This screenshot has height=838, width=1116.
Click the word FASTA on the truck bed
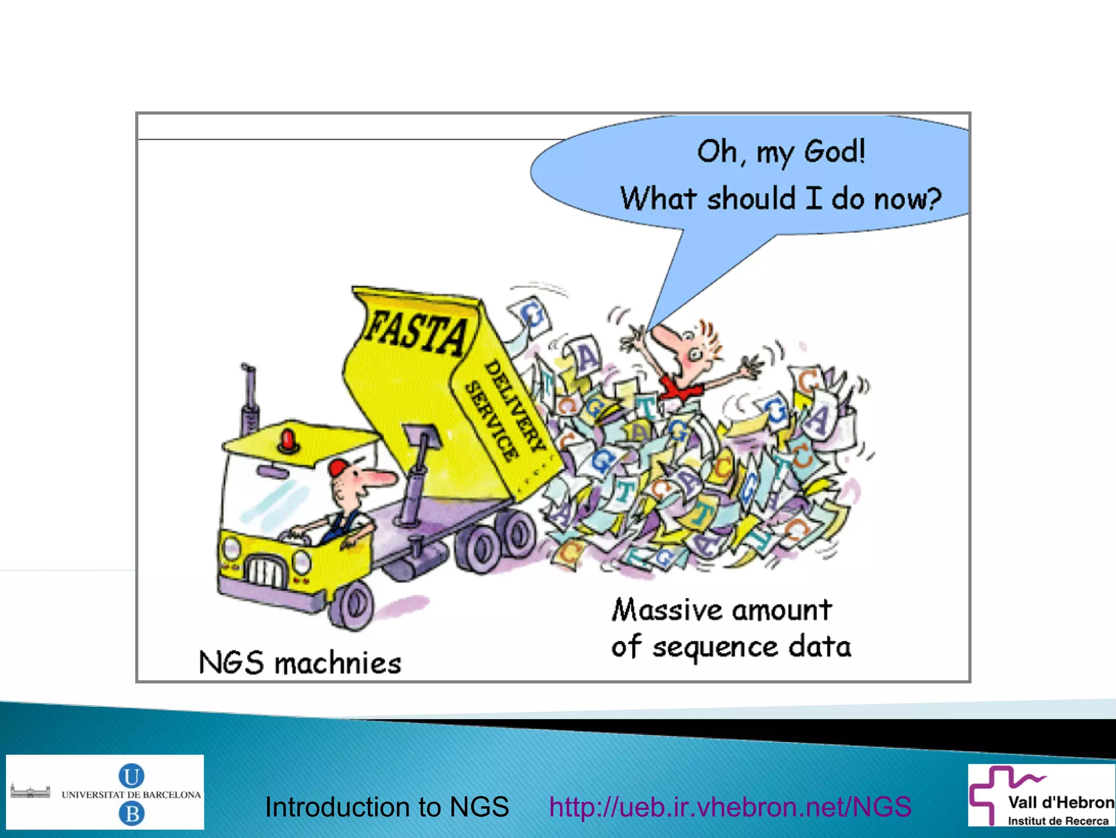(417, 331)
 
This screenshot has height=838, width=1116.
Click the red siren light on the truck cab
(288, 439)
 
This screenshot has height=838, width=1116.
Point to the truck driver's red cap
(338, 467)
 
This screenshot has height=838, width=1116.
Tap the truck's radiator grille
(265, 570)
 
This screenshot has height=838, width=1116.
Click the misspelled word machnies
(338, 664)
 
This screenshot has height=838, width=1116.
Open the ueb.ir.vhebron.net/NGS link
(730, 807)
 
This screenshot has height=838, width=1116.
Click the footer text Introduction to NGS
(386, 807)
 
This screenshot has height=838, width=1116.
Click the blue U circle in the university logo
(131, 775)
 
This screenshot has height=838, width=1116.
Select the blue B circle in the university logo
(131, 814)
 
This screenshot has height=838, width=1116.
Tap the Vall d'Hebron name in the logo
(1060, 802)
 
